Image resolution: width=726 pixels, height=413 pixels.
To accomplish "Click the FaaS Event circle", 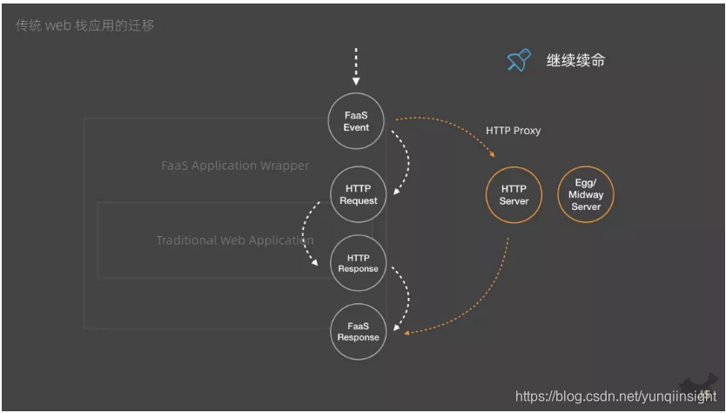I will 356,121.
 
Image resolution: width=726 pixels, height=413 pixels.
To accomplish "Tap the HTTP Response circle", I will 358,263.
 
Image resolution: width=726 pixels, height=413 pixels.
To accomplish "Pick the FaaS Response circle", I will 358,331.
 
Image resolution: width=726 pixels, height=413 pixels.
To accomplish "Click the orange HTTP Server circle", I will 514,195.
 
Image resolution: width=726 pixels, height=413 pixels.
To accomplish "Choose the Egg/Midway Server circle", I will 586,195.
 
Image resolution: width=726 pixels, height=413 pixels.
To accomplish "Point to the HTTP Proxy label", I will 513,131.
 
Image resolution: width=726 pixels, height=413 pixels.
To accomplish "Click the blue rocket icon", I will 519,60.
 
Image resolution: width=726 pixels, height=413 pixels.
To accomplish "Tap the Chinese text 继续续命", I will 575,60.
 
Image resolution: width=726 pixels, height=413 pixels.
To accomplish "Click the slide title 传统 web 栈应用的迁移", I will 85,25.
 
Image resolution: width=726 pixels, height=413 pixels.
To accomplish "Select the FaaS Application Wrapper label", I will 235,166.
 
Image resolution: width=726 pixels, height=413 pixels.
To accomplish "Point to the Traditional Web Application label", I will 235,240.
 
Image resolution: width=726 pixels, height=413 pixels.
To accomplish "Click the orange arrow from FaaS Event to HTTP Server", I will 453,127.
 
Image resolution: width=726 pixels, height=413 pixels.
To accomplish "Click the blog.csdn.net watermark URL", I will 615,396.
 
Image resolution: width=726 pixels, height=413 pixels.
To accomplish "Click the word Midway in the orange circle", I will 586,195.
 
